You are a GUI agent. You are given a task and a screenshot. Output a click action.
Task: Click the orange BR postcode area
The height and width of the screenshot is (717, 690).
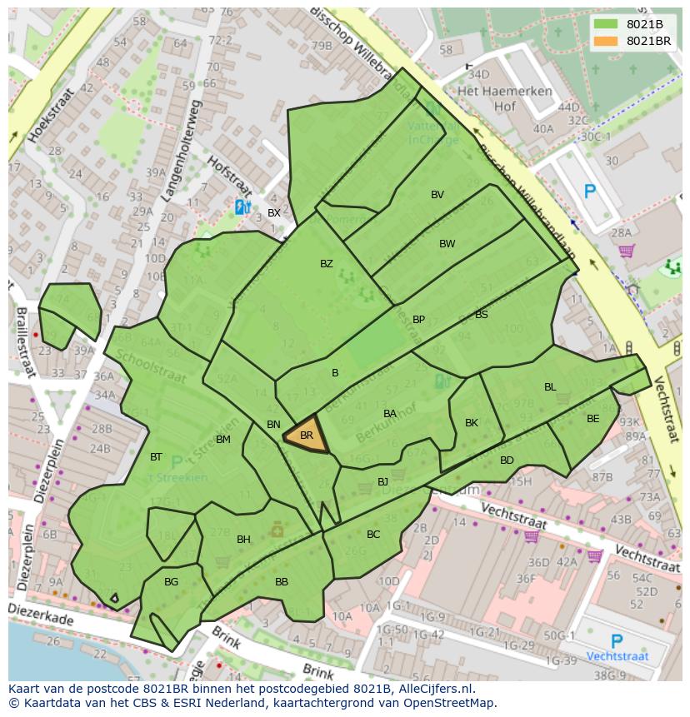pos(306,435)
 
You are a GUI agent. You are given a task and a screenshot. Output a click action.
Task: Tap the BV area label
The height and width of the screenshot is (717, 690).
pos(437,195)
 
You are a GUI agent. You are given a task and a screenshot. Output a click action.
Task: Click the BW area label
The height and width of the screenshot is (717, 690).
pos(447,244)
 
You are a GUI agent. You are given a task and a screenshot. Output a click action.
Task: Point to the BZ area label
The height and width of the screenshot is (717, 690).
pos(327,264)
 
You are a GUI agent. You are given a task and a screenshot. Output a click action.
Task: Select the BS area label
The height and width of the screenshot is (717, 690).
pos(482,315)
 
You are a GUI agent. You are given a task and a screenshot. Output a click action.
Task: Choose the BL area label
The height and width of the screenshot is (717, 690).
pos(550,387)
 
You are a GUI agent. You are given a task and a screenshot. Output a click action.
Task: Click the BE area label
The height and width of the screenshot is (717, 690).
pos(592,419)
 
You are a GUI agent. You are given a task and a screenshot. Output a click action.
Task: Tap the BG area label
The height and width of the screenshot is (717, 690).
pos(171,582)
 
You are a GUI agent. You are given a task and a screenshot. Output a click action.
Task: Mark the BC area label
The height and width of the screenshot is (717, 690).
pos(373,535)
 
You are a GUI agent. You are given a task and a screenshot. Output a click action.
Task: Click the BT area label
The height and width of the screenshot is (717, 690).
pos(156,457)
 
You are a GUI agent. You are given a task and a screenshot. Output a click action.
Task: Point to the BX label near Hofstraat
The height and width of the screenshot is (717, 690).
pos(273,213)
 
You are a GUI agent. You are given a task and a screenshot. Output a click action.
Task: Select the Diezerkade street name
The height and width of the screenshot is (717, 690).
pos(41,615)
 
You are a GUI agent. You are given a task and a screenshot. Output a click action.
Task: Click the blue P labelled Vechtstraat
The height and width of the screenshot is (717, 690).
pos(617,642)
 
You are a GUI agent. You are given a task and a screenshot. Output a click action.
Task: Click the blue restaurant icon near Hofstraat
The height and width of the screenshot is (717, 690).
pos(242,207)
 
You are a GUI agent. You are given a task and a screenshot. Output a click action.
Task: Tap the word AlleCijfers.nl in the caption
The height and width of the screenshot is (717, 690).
pos(433,689)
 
